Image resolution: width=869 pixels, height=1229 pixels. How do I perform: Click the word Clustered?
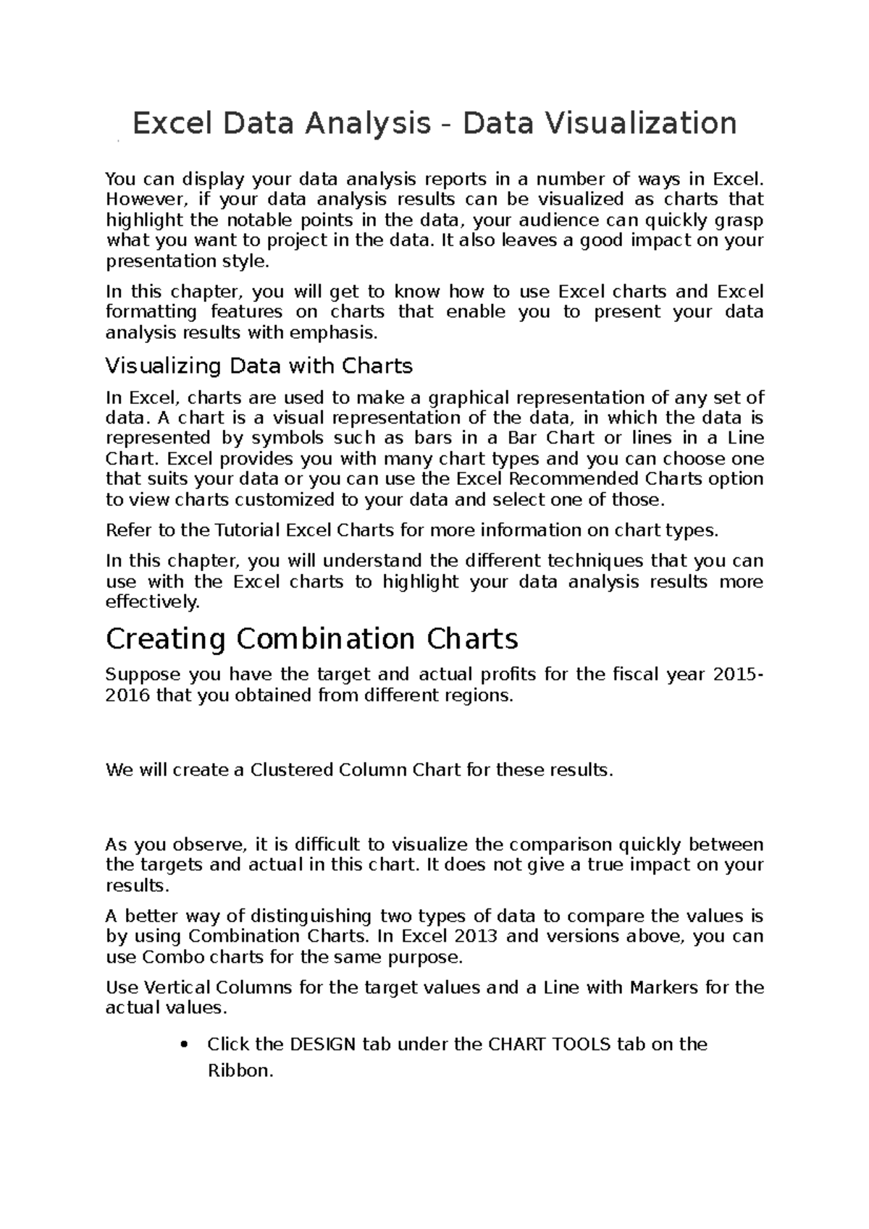292,769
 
